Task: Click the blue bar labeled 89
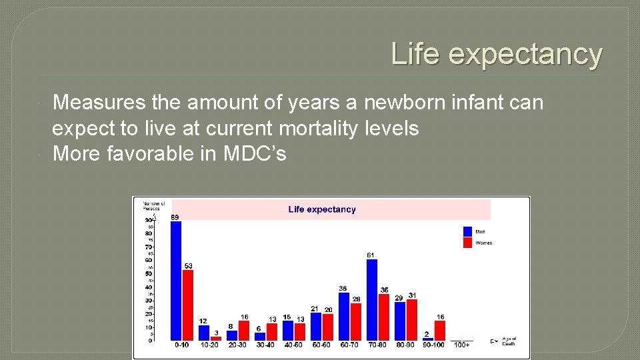click(x=176, y=281)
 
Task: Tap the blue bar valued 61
click(x=372, y=300)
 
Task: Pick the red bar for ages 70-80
click(x=384, y=317)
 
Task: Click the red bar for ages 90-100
click(x=440, y=330)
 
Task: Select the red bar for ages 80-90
click(x=412, y=320)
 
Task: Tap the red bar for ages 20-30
click(x=244, y=330)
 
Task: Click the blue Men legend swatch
click(x=467, y=231)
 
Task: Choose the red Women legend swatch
click(x=467, y=243)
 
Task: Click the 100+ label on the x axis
click(x=461, y=345)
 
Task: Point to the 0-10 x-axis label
click(x=182, y=345)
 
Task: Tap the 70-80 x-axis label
click(x=378, y=345)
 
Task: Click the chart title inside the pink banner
click(x=322, y=209)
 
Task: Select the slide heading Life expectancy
click(x=496, y=53)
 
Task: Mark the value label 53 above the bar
click(x=189, y=266)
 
